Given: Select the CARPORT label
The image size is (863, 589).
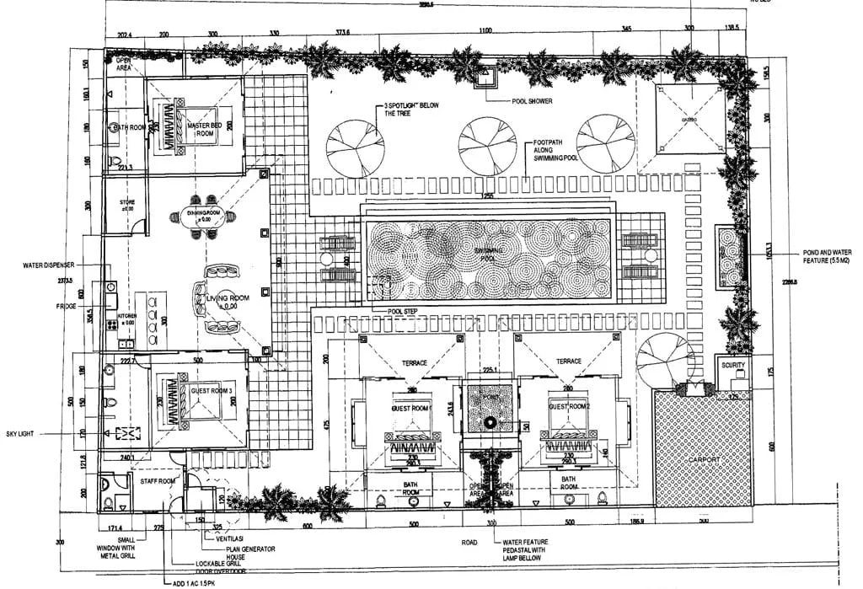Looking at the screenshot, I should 704,459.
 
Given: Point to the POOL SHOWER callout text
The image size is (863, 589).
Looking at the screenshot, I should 532,101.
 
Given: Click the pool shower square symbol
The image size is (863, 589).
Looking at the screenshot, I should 487,78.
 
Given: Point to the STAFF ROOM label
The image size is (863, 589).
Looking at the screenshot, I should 157,480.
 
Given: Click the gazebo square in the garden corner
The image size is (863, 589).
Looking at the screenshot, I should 689,120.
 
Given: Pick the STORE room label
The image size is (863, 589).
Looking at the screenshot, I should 126,202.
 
